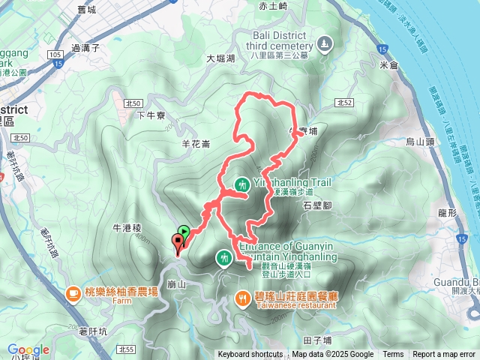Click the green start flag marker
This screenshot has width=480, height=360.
pos(184,232)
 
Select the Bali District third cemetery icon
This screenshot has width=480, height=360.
pos(324,43)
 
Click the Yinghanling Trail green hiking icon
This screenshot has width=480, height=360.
pos(242,184)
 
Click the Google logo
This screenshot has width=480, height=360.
pos(28,349)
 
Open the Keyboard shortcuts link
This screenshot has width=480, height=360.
pos(250,355)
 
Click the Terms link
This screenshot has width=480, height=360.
pos(393,355)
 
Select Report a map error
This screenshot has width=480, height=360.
pos(445,355)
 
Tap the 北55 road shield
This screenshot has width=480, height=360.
pos(125,349)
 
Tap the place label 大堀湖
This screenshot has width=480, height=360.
pos(220,58)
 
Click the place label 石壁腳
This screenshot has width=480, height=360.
pos(316,204)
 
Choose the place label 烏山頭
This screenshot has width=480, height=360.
pos(420,141)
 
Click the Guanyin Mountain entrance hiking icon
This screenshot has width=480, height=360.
pos(224,258)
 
